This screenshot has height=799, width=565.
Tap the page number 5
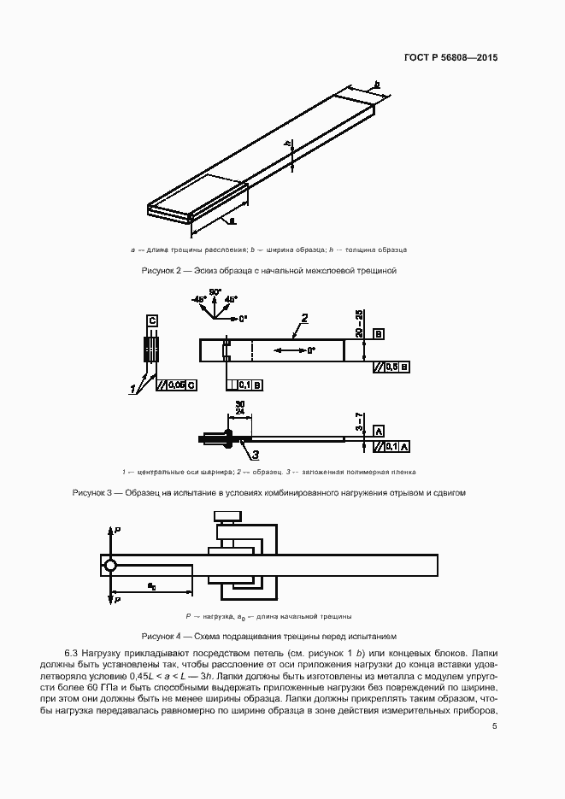(x=495, y=726)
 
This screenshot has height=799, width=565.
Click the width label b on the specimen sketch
(x=376, y=84)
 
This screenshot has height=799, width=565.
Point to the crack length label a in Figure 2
(x=232, y=220)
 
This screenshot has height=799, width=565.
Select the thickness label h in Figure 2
(x=289, y=144)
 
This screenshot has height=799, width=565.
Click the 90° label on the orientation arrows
(x=215, y=292)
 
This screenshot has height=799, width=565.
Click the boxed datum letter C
(x=151, y=320)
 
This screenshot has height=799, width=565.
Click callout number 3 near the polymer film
(x=255, y=455)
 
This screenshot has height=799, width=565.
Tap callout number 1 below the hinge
(x=132, y=390)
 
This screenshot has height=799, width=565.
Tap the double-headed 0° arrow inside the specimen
(x=291, y=350)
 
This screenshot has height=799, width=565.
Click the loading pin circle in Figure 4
(x=110, y=565)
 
